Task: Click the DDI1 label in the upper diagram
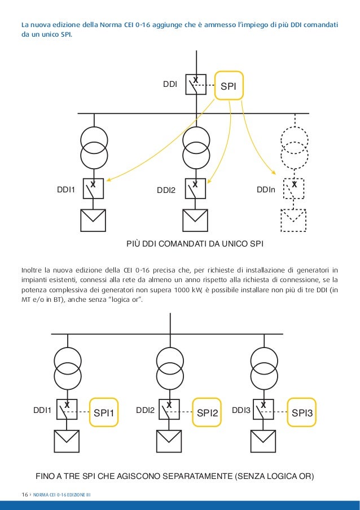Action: tap(67, 190)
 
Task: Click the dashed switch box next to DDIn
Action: tap(294, 189)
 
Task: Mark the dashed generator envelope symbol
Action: tap(294, 221)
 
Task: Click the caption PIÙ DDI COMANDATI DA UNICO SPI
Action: tap(195, 244)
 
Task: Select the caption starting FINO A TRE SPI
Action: tap(174, 476)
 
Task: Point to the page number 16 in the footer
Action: tap(25, 495)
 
